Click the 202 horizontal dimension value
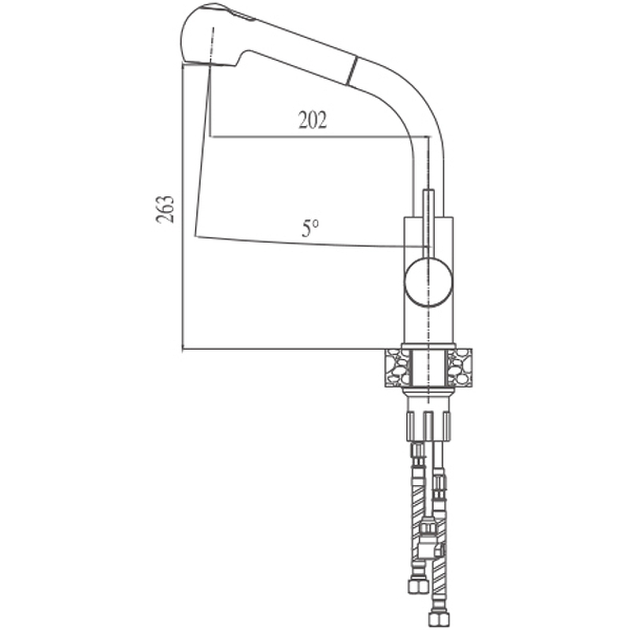[313, 120]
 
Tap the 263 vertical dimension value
[165, 209]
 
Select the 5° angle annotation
[310, 228]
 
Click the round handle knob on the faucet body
[428, 283]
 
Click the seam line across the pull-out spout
[351, 71]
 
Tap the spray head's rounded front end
[187, 38]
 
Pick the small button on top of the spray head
[243, 15]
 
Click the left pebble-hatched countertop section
[398, 368]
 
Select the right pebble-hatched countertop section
[459, 368]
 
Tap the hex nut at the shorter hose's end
[417, 587]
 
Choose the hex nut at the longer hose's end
[439, 617]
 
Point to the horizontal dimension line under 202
[321, 136]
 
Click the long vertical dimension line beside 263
[183, 209]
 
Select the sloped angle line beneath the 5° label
[312, 242]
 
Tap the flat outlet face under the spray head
[209, 65]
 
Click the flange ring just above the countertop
[428, 346]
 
